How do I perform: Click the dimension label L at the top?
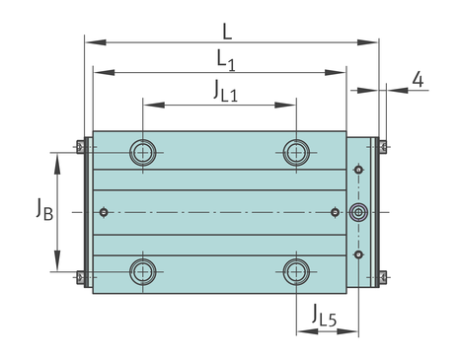(x=227, y=32)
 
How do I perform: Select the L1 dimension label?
(x=226, y=60)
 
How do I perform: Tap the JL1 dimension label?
(x=225, y=91)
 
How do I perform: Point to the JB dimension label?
(x=44, y=209)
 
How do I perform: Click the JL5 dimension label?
(x=325, y=316)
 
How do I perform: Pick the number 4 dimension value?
(x=418, y=80)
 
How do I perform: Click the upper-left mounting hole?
(x=142, y=153)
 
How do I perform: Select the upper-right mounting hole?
(x=296, y=153)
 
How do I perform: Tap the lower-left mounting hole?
(x=142, y=272)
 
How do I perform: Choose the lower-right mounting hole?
(x=296, y=272)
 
